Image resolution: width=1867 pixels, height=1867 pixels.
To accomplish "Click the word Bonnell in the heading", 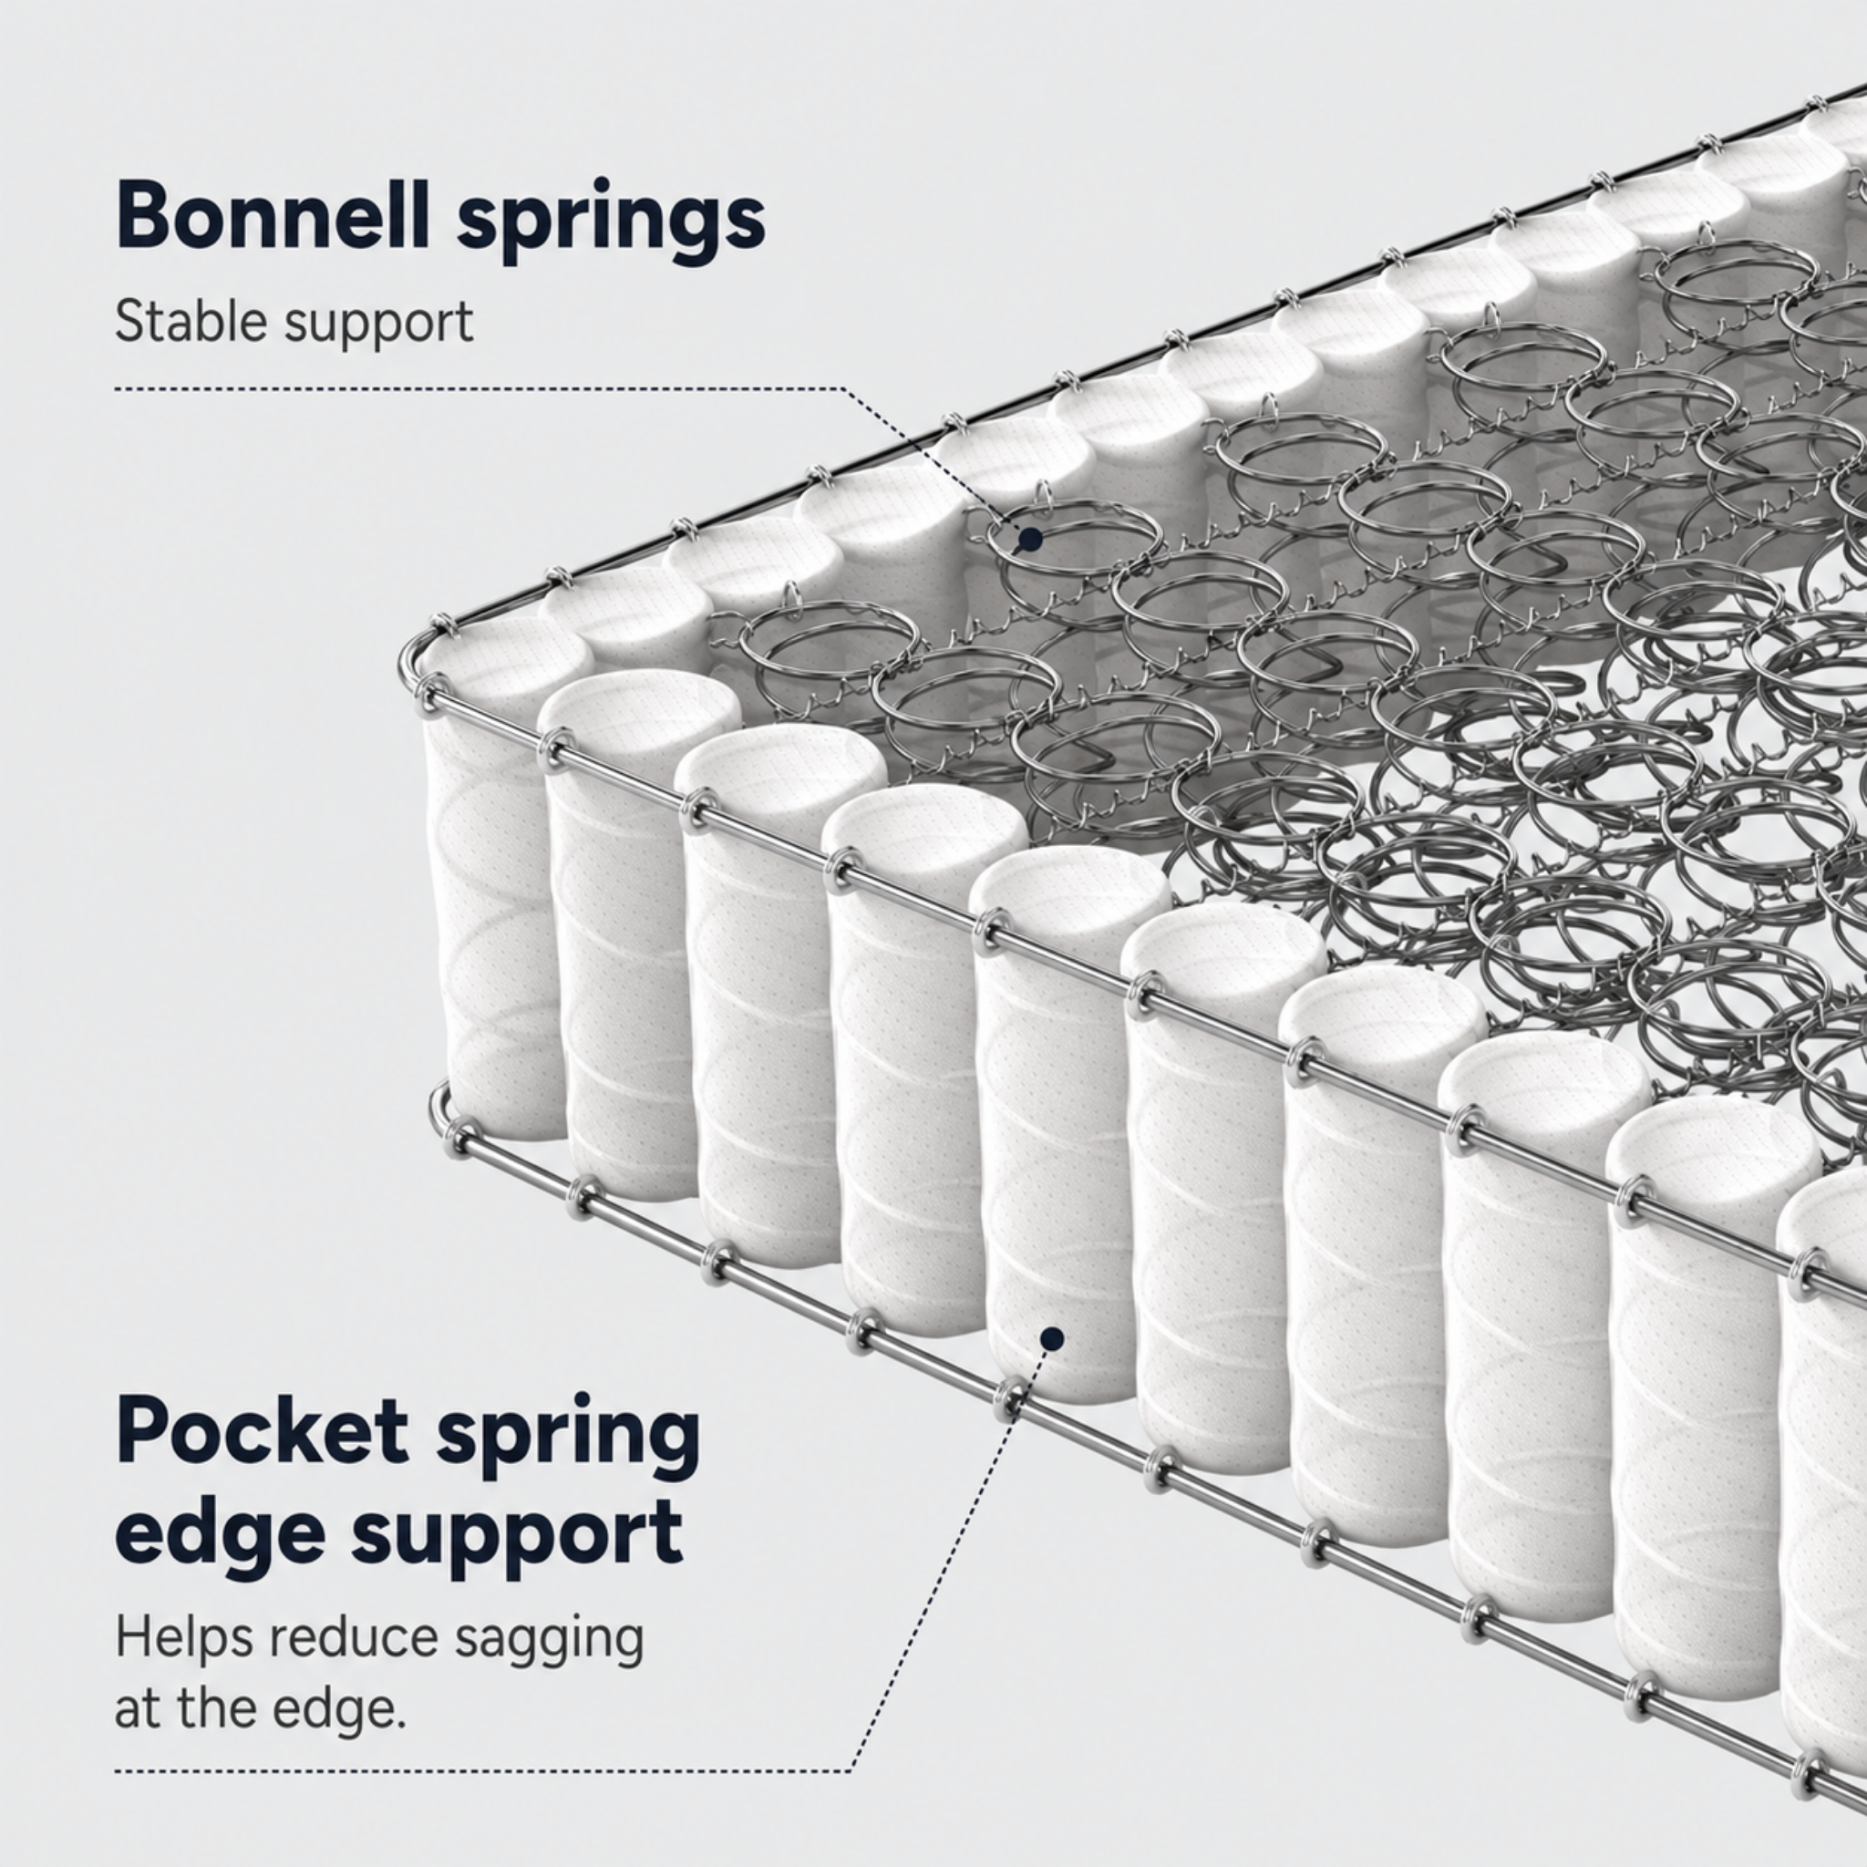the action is point(273,214).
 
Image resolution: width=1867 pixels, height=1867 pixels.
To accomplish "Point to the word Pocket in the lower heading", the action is point(262,1434).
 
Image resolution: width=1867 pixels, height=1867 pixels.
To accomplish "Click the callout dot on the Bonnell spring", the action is point(1031,540).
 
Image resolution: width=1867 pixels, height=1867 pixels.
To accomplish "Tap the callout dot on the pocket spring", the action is point(1052,1339).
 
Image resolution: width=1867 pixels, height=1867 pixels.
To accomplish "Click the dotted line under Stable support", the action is point(480,389).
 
